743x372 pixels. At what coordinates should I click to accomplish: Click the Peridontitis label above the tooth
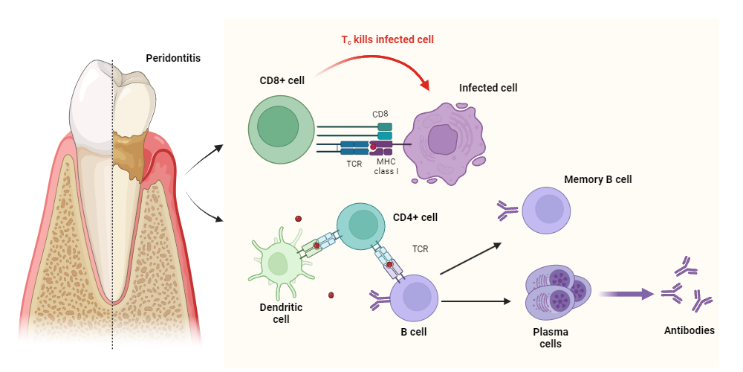click(172, 57)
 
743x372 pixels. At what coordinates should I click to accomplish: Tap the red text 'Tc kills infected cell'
click(387, 39)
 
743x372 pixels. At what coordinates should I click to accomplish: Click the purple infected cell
click(445, 141)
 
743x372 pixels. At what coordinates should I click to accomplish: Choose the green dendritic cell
click(279, 263)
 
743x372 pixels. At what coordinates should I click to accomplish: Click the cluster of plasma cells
click(557, 295)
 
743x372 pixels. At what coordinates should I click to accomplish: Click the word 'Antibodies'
click(689, 330)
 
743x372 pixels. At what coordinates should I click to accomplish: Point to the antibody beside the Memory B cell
click(508, 213)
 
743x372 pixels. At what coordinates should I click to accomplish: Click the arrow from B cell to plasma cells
click(476, 301)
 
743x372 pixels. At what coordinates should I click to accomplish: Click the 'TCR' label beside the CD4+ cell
click(420, 250)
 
